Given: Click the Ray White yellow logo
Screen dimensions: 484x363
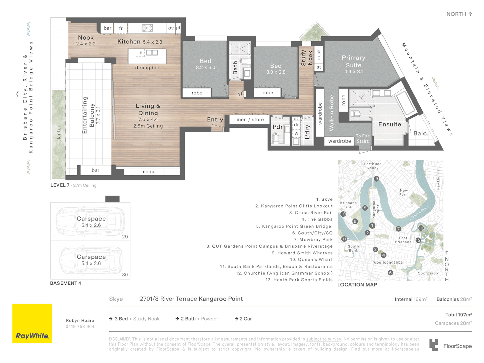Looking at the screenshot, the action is [32, 323].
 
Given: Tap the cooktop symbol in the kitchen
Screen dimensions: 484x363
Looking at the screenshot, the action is [147, 28].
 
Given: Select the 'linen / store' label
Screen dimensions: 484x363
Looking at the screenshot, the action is [249, 119].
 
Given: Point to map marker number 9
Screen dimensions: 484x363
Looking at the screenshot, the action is [377, 178].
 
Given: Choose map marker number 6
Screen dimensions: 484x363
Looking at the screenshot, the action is [390, 273].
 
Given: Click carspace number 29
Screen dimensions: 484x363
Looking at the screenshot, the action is [90, 221].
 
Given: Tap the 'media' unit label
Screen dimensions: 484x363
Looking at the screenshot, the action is [148, 172].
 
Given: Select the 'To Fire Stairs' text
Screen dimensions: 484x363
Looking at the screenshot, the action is [363, 138].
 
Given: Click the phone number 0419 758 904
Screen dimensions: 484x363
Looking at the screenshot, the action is [80, 326].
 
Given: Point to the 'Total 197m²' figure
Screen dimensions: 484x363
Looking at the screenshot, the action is [458, 315].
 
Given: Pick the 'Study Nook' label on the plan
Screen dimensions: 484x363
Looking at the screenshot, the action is [307, 58].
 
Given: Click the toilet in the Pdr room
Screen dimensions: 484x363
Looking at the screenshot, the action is [276, 138].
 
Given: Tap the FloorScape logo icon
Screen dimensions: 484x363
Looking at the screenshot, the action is [434, 345].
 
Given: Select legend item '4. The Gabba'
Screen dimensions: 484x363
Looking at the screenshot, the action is [317, 219].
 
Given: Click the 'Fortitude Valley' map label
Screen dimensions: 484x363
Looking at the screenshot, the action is [373, 166].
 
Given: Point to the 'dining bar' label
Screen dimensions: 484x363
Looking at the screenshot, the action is [147, 68].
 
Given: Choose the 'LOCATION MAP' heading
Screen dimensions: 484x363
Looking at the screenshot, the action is [357, 285].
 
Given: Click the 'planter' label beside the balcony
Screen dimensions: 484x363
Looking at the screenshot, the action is [59, 134].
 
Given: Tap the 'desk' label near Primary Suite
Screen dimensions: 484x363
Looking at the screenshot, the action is [319, 55].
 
